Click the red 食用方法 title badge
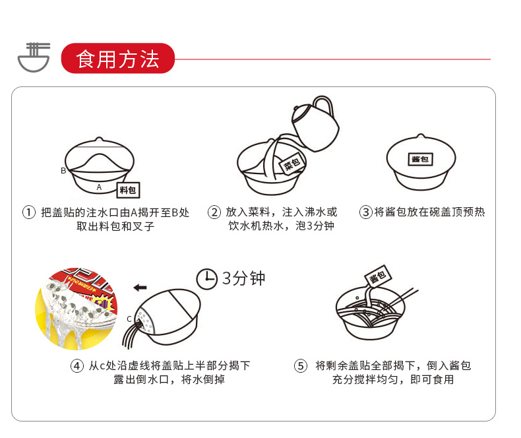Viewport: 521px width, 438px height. (118, 59)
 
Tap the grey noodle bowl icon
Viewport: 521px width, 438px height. (34, 57)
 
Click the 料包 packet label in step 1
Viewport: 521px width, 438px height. (128, 190)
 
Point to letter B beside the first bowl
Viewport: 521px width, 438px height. (63, 171)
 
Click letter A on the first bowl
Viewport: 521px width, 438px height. (99, 187)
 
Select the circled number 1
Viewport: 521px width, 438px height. (29, 212)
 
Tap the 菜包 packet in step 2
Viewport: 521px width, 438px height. (292, 164)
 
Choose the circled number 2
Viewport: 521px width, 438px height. (214, 212)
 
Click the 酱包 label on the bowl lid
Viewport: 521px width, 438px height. (420, 159)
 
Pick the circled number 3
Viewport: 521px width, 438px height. (366, 212)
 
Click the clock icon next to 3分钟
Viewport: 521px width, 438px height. (206, 279)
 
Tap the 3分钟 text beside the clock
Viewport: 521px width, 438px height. (243, 278)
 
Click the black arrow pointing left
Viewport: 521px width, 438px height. (140, 288)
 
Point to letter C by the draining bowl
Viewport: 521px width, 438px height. (129, 319)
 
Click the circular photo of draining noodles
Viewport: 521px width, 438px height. (77, 309)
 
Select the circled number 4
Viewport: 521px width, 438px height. (77, 366)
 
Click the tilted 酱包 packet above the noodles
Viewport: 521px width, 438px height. (378, 276)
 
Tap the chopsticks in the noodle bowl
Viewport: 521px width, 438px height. (404, 296)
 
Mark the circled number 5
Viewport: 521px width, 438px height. (301, 366)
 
